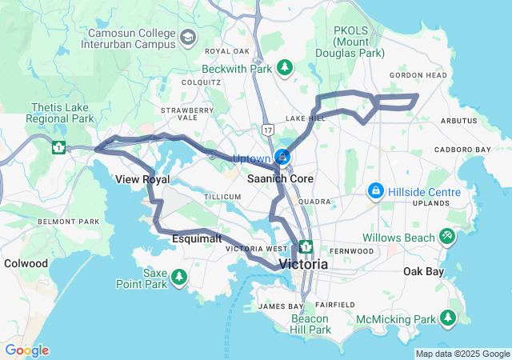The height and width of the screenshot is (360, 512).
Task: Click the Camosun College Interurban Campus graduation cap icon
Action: (188, 37)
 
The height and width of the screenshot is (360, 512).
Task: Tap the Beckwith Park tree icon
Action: (285, 69)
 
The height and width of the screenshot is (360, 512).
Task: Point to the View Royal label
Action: (142, 179)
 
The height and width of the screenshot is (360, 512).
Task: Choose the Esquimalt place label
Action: (196, 238)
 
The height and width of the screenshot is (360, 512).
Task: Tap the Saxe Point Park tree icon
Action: (180, 278)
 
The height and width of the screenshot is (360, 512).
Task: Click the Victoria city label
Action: (303, 263)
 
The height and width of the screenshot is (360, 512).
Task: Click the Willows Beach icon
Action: (447, 238)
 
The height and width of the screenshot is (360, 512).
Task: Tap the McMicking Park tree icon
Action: (450, 319)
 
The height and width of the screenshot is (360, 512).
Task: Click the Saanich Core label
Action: (280, 178)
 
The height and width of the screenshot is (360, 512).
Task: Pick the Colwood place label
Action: (26, 262)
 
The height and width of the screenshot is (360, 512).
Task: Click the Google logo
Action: (26, 350)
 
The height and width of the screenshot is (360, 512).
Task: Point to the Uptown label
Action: (251, 158)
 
